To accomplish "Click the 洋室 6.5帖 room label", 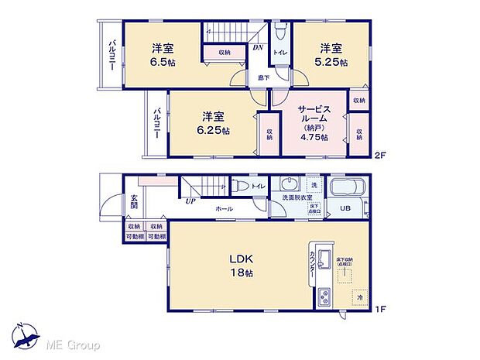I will coord(163,53).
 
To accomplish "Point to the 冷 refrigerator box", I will coord(360,296).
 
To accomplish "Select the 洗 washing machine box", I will coord(314,186).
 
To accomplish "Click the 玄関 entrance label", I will coord(133,203).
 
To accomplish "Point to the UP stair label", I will coord(190,202).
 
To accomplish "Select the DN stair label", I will coord(258,46).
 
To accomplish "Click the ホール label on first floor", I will coord(225,208).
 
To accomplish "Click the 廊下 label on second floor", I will coord(263,77).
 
